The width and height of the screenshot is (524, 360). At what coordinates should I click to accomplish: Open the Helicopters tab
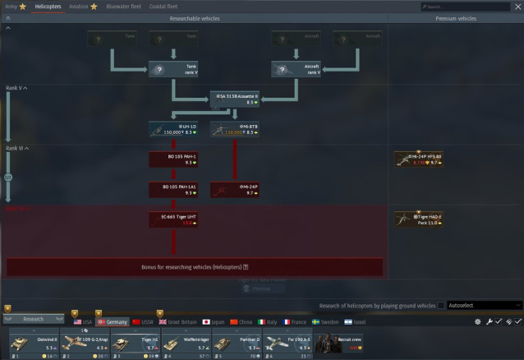click(48, 6)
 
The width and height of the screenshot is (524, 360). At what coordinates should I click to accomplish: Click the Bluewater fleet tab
click(124, 6)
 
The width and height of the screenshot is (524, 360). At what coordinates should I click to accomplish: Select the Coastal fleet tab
click(163, 6)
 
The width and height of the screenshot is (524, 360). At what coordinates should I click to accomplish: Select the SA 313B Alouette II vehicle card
click(236, 99)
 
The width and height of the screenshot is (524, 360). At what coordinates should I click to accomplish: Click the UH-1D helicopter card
click(173, 129)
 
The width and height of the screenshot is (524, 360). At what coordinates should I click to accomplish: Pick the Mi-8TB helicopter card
click(235, 129)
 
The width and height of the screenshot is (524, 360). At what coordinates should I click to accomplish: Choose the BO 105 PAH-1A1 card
click(173, 189)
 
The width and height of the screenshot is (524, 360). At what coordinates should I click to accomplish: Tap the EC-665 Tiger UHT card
click(173, 219)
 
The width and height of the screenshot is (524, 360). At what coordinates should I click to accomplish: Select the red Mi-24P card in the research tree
click(235, 189)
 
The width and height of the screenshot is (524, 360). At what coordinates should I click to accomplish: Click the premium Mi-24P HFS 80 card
click(418, 159)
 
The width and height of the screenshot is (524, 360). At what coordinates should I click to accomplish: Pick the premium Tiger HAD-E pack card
click(418, 219)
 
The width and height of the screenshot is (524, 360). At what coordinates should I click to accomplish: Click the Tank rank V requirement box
click(173, 71)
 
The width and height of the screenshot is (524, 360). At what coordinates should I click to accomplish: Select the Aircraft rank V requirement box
click(296, 71)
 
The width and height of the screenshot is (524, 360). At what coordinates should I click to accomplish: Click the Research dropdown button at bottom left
click(34, 319)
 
